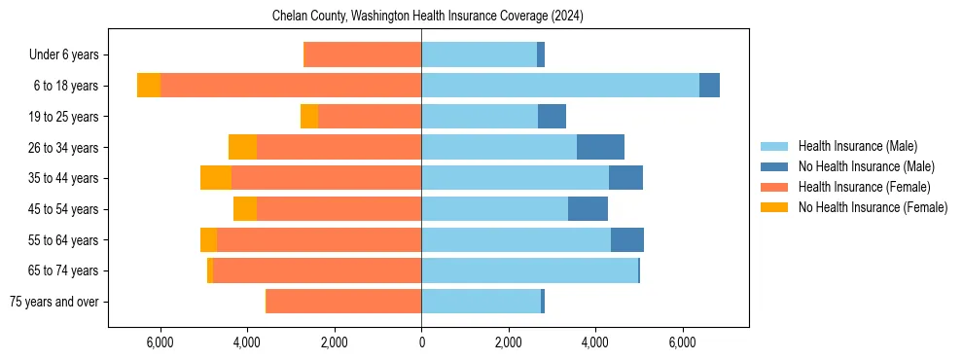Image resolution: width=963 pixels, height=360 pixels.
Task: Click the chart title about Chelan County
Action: tap(421, 16)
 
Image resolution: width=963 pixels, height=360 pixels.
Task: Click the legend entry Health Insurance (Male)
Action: tap(857, 146)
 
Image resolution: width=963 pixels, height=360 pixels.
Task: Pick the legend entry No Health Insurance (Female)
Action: tap(873, 207)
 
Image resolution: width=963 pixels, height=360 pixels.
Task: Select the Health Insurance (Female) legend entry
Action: tap(864, 187)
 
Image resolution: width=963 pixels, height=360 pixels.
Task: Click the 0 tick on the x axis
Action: tap(421, 342)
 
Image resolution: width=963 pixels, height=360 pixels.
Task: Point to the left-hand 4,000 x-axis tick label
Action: tap(247, 342)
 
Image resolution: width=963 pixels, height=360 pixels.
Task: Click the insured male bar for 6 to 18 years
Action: tap(560, 86)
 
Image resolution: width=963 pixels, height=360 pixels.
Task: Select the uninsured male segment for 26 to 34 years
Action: tap(600, 147)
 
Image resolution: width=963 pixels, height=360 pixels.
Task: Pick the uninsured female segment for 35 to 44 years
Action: tap(216, 178)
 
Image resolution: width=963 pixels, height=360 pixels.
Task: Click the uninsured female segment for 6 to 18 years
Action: tap(149, 86)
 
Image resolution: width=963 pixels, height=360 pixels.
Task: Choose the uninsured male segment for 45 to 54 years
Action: tap(588, 209)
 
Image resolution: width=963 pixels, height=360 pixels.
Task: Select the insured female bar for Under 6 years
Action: tap(363, 55)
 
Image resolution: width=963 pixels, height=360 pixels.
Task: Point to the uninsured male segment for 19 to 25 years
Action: tap(552, 117)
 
